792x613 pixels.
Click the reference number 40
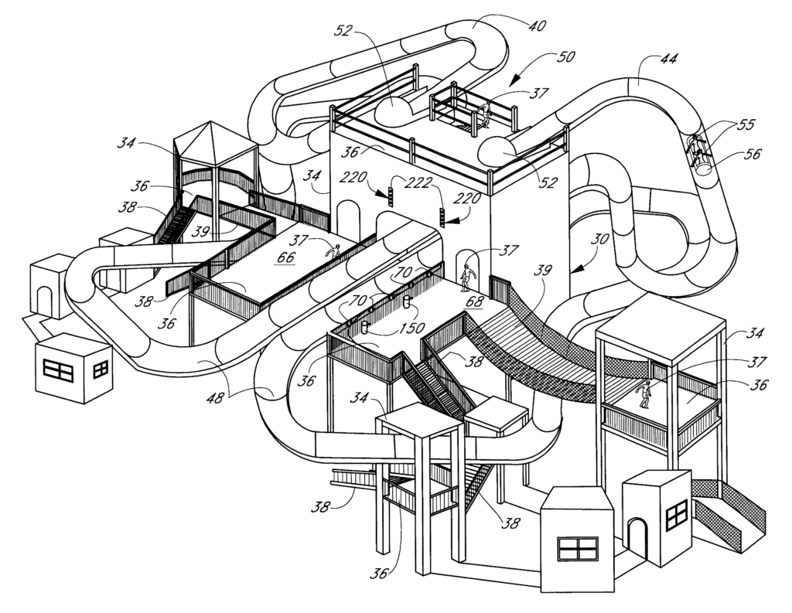tap(536, 26)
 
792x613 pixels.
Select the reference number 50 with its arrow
tap(567, 59)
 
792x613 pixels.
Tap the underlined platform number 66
tap(286, 257)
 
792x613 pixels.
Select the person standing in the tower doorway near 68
tap(466, 278)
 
